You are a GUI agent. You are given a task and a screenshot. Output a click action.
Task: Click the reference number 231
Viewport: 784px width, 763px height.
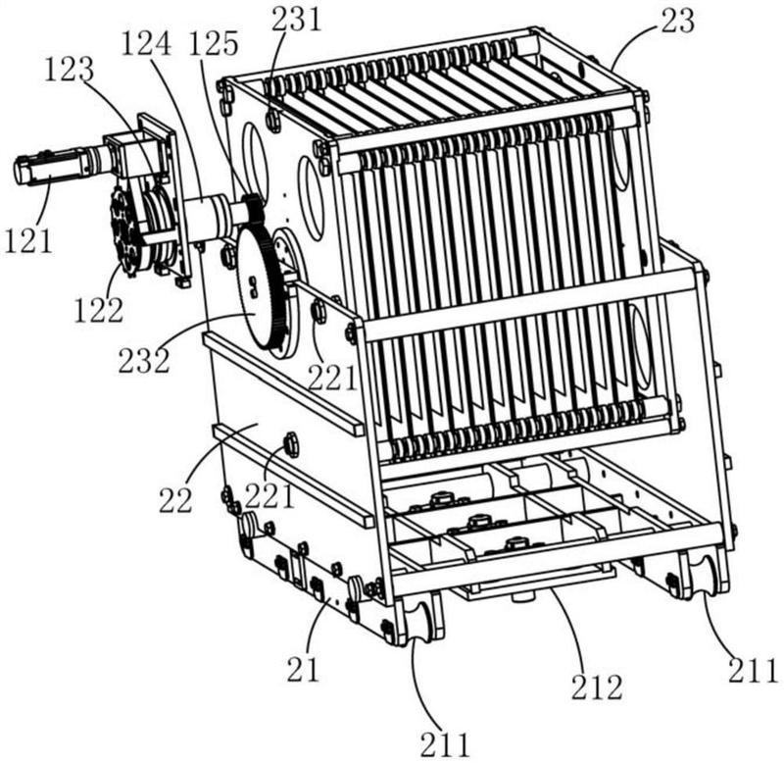click(297, 19)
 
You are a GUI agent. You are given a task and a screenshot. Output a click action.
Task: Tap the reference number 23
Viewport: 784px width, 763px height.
click(677, 21)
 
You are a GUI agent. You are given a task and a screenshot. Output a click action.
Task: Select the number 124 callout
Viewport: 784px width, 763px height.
click(146, 44)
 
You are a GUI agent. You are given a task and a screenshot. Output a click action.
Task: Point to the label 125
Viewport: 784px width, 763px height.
click(214, 43)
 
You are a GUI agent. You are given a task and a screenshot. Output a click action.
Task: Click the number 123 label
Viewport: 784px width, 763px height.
click(69, 70)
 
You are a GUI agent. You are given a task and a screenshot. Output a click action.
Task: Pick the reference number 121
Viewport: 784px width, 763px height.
click(28, 240)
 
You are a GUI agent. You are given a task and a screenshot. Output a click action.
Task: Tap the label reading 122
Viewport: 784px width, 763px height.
click(99, 310)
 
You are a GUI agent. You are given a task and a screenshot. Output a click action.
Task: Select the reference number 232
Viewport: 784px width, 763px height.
click(144, 360)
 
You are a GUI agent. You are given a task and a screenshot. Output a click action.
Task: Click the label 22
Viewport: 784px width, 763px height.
click(175, 500)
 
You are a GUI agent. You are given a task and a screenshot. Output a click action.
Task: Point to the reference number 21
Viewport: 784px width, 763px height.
click(303, 670)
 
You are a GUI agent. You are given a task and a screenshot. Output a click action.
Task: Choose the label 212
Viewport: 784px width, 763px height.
click(597, 687)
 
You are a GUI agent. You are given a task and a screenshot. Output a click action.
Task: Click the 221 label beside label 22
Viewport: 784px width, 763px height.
click(269, 496)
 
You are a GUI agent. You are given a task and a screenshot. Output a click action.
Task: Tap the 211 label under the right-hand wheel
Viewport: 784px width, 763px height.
click(753, 671)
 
